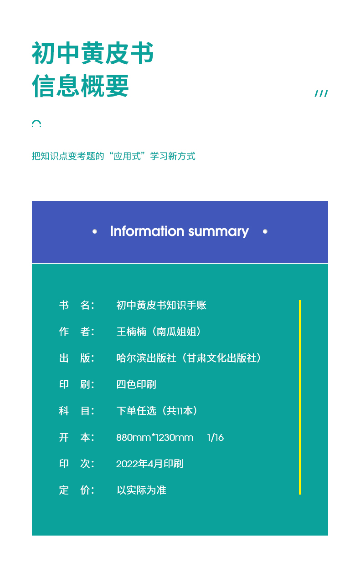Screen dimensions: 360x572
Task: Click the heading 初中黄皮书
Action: pos(93,53)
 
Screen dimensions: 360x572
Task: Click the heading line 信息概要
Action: pos(80,86)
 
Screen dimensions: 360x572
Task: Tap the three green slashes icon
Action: pos(321,93)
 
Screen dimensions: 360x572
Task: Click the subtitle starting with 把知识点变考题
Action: pos(113,156)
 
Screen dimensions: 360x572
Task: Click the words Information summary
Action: pos(180,231)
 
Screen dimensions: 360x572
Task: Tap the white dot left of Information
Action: pos(94,232)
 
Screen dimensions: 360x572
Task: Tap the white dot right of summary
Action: pos(265,232)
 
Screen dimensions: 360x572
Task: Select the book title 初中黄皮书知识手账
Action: pos(161,305)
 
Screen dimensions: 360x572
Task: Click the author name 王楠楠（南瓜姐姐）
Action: pos(159,332)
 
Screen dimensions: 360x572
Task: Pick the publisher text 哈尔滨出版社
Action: pos(146,358)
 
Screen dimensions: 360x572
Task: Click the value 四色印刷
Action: pos(136,384)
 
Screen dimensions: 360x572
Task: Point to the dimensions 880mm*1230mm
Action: pos(154,438)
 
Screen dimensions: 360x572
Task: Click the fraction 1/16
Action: pos(216,438)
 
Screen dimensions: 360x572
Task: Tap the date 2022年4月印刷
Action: pos(149,464)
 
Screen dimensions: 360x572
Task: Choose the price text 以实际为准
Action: pos(141,490)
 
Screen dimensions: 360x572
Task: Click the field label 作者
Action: pos(77,332)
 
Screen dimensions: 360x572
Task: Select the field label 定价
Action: pos(77,490)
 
